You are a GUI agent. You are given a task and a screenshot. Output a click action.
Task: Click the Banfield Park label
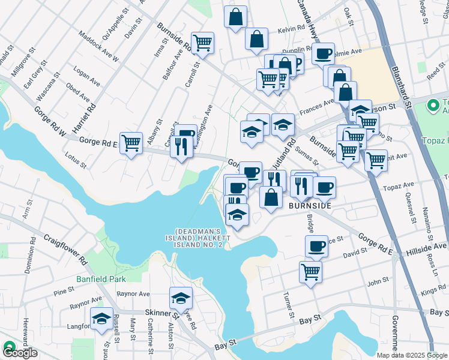tap(101, 279)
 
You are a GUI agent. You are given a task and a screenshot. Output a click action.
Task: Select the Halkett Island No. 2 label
tap(199, 238)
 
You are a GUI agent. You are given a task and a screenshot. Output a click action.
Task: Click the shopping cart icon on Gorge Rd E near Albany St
tap(131, 143)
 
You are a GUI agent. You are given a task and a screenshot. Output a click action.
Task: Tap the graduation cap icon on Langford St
tap(101, 318)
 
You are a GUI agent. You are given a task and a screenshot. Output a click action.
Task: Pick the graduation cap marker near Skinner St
tap(180, 298)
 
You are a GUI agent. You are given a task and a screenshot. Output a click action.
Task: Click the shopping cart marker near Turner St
tap(310, 271)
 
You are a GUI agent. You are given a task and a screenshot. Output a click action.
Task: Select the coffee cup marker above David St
tap(316, 245)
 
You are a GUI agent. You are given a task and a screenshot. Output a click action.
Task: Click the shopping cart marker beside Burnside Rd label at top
tap(203, 43)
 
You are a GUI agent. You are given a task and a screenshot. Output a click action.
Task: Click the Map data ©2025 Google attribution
tap(411, 355)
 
